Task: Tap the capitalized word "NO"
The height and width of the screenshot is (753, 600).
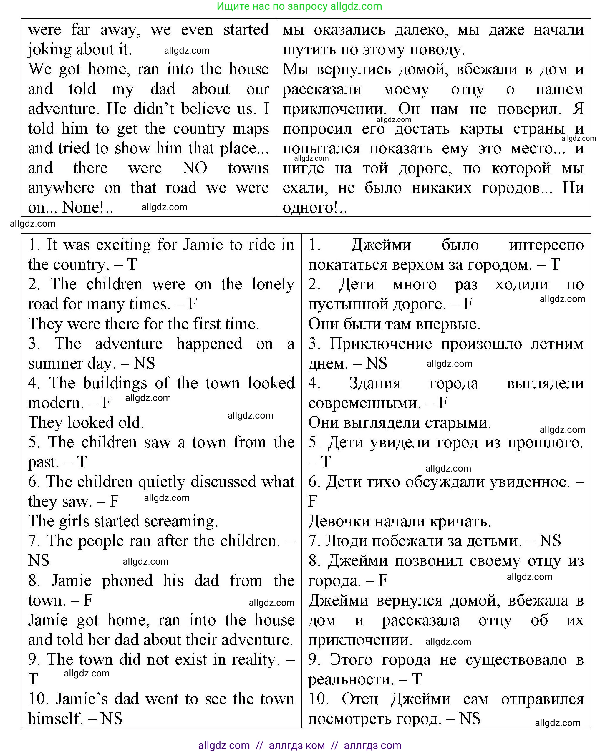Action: pos(195,168)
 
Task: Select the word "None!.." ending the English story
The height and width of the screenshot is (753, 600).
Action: pos(87,208)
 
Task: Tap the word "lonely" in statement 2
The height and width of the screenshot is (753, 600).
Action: pos(273,284)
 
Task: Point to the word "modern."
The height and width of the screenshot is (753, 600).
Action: pos(56,403)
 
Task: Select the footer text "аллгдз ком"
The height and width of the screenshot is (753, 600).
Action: pos(297,745)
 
